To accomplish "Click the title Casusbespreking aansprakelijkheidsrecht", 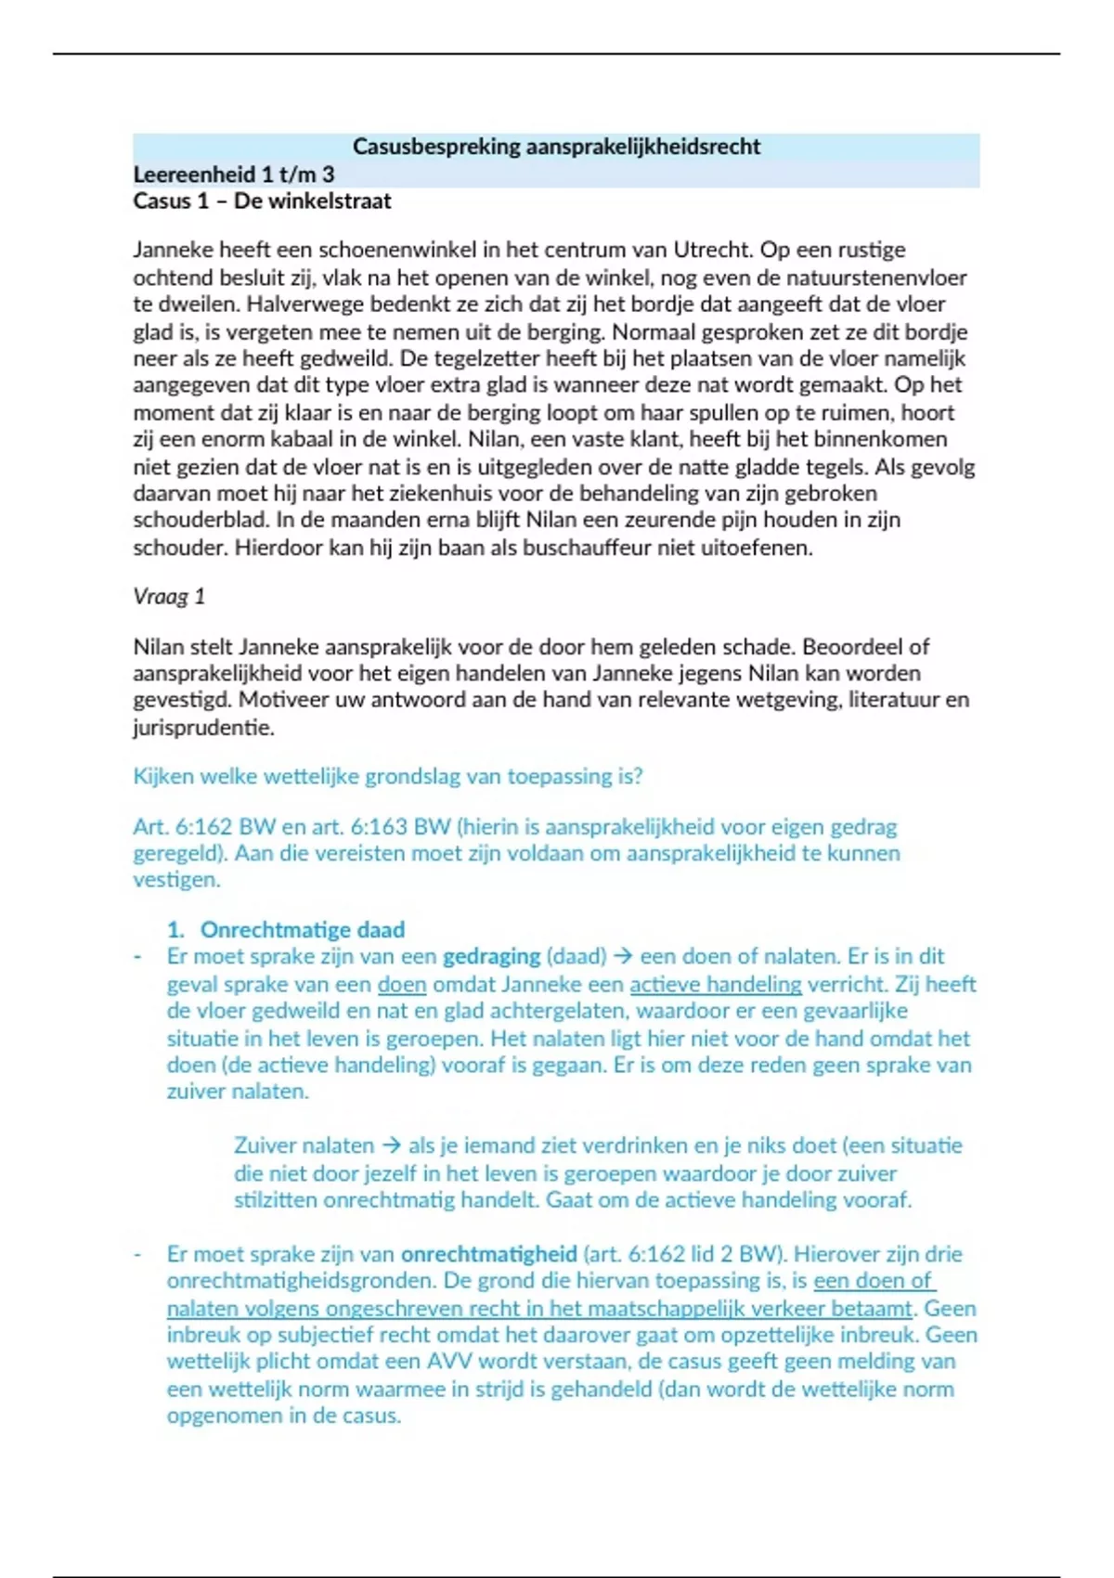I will coord(556,147).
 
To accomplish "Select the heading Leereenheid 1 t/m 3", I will coord(233,175).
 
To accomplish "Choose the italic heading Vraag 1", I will coord(169,597).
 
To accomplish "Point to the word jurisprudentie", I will coord(203,727).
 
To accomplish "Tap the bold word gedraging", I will coord(491,957).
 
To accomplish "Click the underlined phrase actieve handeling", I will coord(715,984).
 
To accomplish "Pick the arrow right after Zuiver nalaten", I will coord(391,1146).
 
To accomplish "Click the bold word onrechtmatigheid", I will coord(488,1254).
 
